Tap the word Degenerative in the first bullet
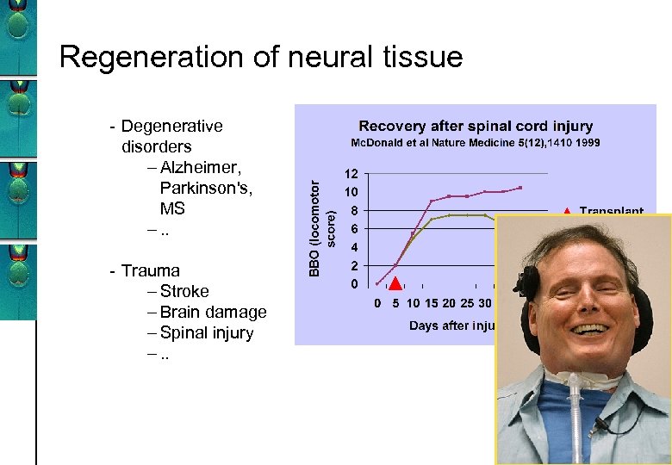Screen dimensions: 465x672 pyautogui.click(x=171, y=127)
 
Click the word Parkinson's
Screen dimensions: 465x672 pyautogui.click(x=208, y=189)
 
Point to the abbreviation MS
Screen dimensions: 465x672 pyautogui.click(x=172, y=209)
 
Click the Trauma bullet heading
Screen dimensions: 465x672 pyautogui.click(x=151, y=271)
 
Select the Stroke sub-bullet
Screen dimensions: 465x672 pyautogui.click(x=184, y=292)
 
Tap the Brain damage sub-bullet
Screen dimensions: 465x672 pyautogui.click(x=213, y=313)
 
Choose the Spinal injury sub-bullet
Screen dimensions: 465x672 pyautogui.click(x=207, y=333)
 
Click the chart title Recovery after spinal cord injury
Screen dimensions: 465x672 pyautogui.click(x=475, y=127)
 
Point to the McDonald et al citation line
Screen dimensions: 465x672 pyautogui.click(x=475, y=143)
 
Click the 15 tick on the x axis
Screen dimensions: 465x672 pyautogui.click(x=432, y=303)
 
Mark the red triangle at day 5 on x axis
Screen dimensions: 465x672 pyautogui.click(x=395, y=284)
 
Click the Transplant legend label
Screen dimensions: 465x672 pyautogui.click(x=611, y=211)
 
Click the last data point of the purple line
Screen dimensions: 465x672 pyautogui.click(x=520, y=187)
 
